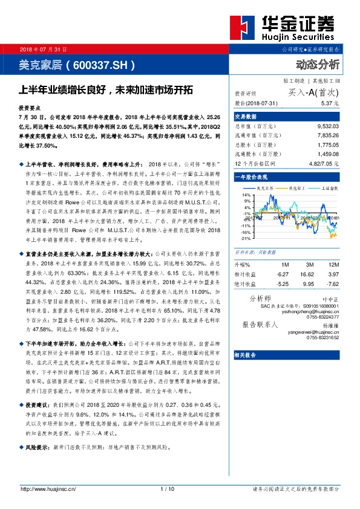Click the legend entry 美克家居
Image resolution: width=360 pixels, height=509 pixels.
tap(267, 189)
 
